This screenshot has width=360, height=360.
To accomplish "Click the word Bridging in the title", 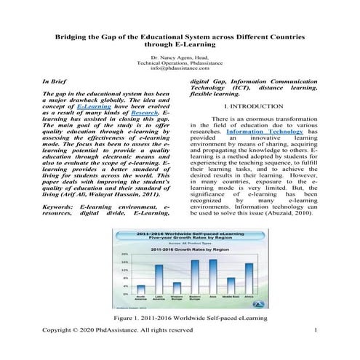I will point(76,36).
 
